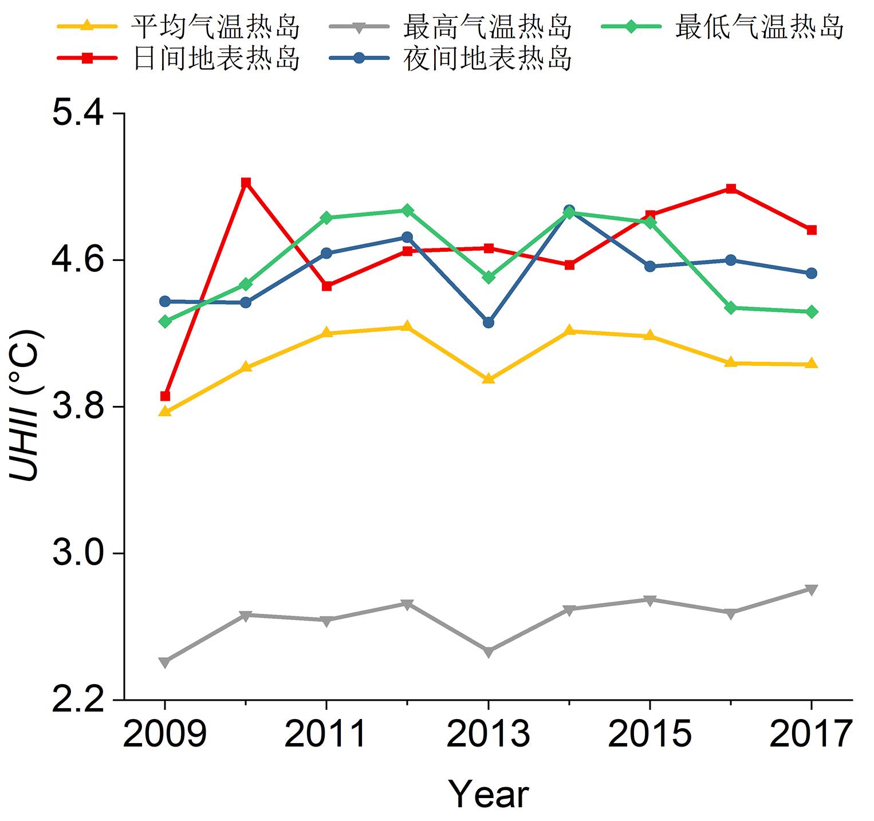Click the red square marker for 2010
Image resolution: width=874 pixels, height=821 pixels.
click(x=246, y=183)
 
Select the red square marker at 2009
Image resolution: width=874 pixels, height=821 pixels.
click(x=165, y=396)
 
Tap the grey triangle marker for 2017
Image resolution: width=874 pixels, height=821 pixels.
click(x=811, y=590)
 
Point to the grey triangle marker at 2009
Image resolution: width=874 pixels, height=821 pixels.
click(x=165, y=662)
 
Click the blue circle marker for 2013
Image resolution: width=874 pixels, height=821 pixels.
click(x=488, y=322)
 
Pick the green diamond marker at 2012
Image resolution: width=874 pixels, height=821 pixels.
click(x=407, y=210)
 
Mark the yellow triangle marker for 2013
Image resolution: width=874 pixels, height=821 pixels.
click(x=488, y=378)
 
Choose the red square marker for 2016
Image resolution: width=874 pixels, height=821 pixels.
click(x=730, y=188)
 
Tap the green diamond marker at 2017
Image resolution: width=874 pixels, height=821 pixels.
click(x=811, y=311)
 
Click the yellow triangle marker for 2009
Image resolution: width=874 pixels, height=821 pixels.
click(x=165, y=411)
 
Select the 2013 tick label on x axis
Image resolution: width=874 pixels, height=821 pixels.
click(x=488, y=734)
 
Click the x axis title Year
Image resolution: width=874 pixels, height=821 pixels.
click(x=488, y=794)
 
